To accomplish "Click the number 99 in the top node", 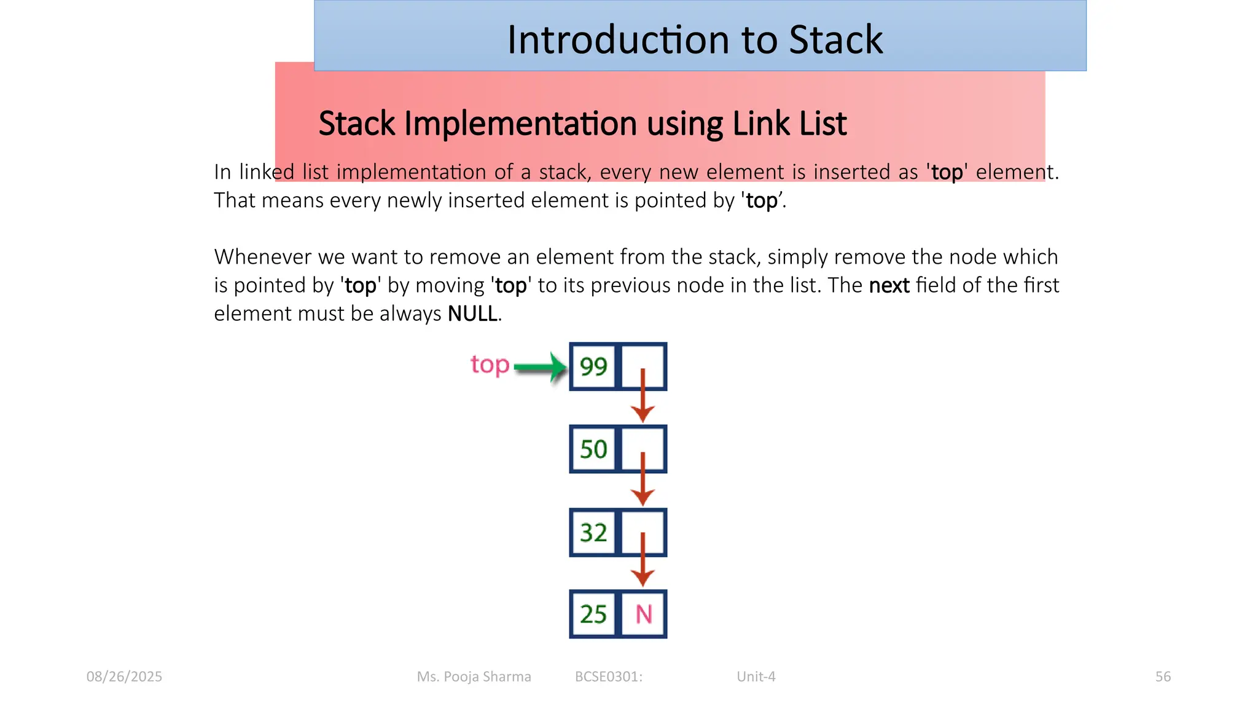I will coord(593,367).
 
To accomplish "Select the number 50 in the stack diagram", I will coord(593,449).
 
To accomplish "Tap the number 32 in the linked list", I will coord(593,533).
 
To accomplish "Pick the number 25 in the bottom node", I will coord(593,615).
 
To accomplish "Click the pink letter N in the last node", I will coord(643,615).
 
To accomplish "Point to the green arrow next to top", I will coord(540,368).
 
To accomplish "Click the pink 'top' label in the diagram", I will coord(490,365).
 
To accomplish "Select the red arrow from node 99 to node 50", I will coord(643,396).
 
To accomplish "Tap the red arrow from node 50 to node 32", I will coord(643,479).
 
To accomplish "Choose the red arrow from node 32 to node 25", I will coord(643,560).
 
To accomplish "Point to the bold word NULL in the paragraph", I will coord(472,314).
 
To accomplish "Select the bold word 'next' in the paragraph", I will coord(889,286).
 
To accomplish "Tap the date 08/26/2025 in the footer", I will coord(124,677).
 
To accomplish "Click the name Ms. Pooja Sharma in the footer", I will coord(474,677).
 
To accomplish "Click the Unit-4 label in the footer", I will coord(756,677).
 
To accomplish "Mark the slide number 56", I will coord(1163,677).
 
